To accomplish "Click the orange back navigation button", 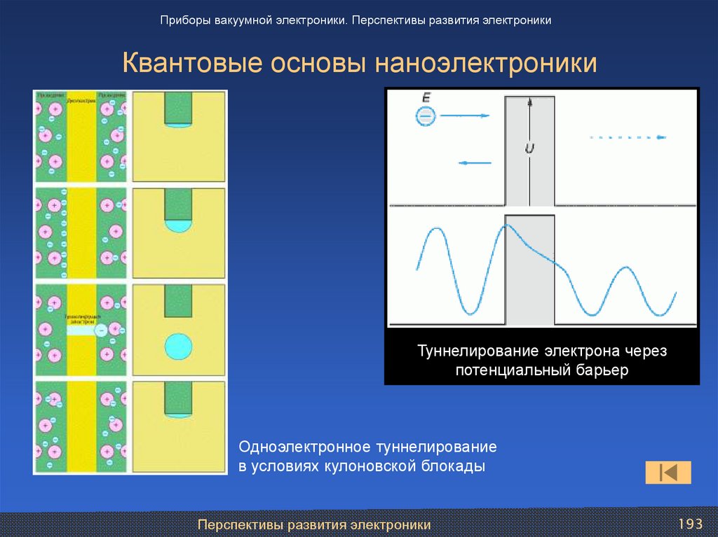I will pos(668,473).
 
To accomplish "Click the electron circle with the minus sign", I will pos(425,116).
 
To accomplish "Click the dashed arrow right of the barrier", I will pos(628,137).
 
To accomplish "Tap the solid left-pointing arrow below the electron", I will pos(475,163).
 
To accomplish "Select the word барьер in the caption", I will pos(602,370).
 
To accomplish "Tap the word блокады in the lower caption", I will pos(452,466).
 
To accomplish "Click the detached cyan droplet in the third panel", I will pos(178,346).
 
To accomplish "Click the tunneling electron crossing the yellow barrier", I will pos(101,329).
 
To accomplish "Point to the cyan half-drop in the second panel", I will pos(178,225).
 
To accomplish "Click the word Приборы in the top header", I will pos(184,20).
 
